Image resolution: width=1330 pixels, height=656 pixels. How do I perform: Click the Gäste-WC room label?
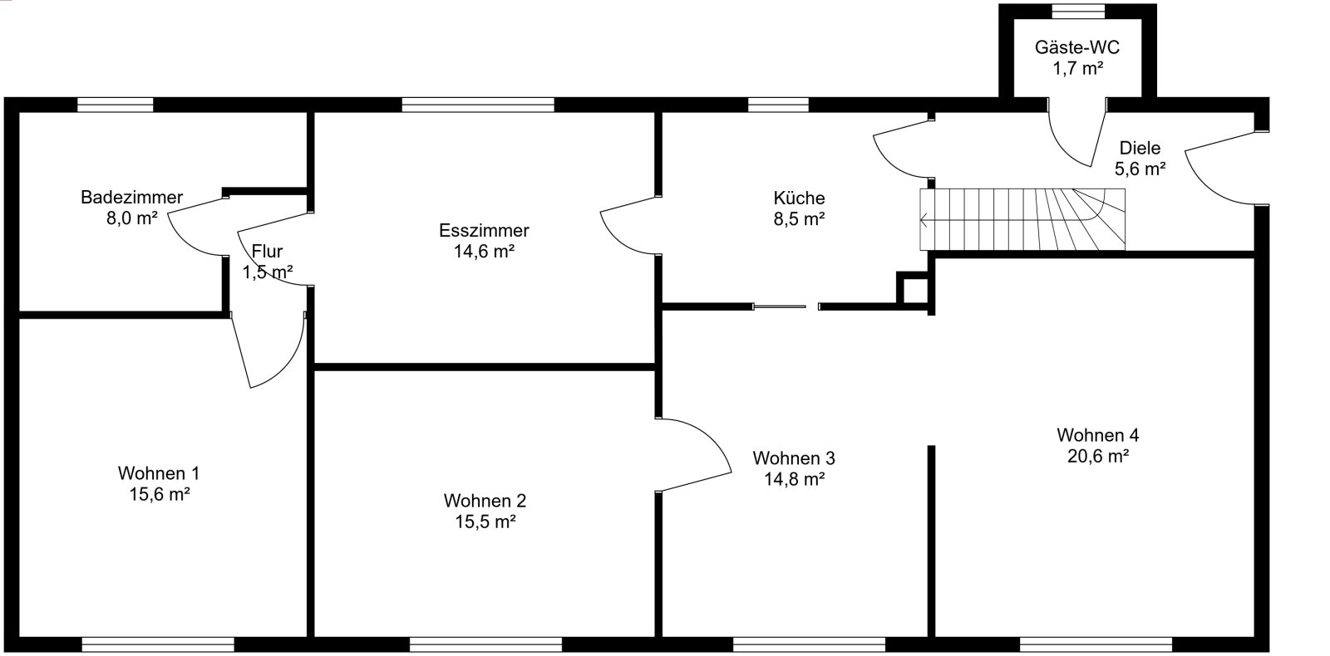pos(1077,47)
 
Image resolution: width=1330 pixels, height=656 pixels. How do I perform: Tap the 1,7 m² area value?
pos(1078,69)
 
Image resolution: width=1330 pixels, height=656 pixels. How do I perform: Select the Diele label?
pos(1140,148)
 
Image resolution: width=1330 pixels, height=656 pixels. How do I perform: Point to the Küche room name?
pos(799,198)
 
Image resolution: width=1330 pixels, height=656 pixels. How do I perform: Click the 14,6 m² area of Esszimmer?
pos(484,252)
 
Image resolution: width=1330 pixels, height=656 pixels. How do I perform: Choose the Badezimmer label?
pos(132,197)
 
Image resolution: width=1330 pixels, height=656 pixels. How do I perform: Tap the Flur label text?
pos(267,252)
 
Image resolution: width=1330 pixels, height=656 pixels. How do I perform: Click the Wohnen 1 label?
pos(159,473)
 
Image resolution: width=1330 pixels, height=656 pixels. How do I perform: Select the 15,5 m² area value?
pos(485,522)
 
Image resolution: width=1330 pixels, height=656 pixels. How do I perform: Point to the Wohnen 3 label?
pos(794,458)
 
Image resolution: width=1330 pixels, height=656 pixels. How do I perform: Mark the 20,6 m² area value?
pos(1098,456)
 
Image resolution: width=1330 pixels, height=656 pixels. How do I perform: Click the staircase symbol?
pos(1022,219)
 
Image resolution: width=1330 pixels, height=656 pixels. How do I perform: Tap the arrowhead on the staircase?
pos(923,220)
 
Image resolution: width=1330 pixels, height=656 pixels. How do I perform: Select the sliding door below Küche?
pos(780,306)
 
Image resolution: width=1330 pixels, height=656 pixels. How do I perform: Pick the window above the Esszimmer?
pos(478,105)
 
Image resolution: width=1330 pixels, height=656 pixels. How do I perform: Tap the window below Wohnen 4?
pos(1096,644)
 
